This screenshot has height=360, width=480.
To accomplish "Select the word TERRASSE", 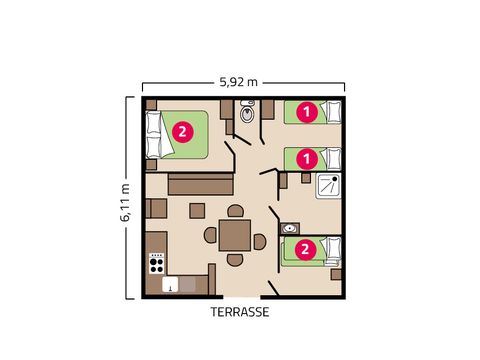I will click(x=239, y=311).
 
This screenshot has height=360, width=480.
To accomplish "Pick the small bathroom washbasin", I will click(x=291, y=228).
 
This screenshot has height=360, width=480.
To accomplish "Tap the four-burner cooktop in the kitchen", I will click(x=157, y=263).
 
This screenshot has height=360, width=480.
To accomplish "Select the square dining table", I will click(x=234, y=236).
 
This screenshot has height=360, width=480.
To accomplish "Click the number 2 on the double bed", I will click(x=181, y=131).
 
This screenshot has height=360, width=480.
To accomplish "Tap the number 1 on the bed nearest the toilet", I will click(x=309, y=113).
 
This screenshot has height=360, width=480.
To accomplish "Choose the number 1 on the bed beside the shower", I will click(x=309, y=157).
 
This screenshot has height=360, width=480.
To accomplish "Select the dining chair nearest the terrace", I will click(x=234, y=260).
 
